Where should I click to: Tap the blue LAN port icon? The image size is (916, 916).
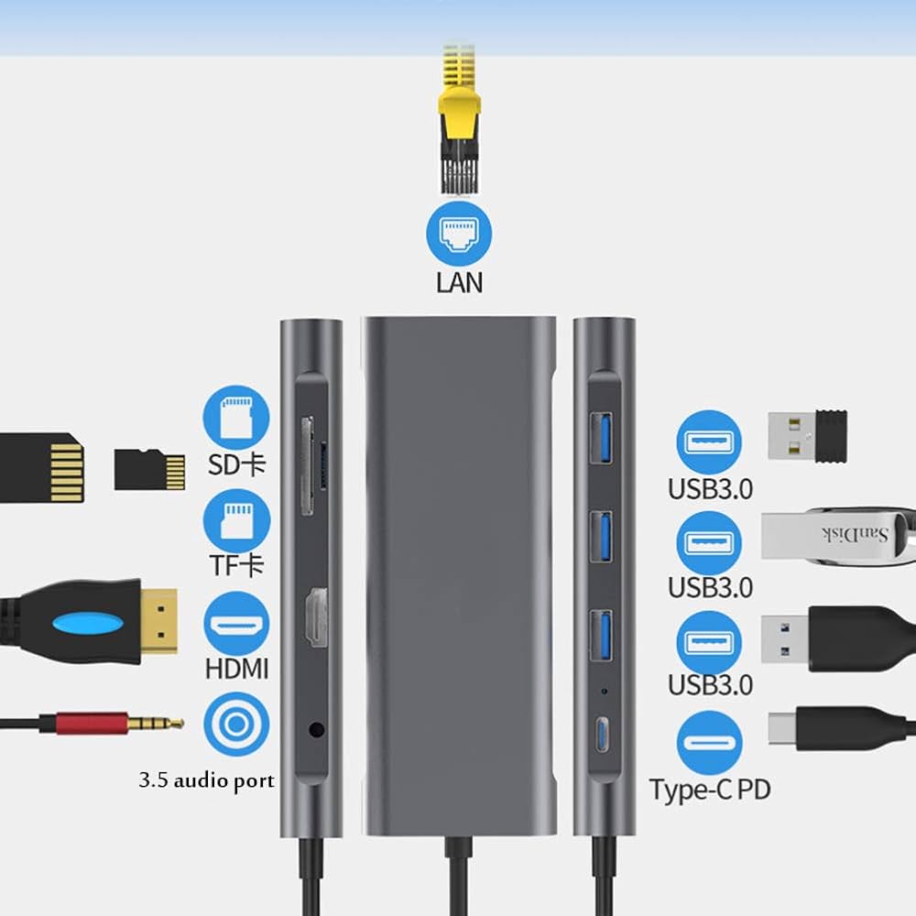459,234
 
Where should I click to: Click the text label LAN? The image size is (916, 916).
459,281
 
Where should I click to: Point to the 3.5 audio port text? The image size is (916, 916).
206,781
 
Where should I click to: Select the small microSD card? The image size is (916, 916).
148,469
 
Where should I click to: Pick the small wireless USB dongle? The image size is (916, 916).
806,435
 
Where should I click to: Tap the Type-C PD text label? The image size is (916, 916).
710,790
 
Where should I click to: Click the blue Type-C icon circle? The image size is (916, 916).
710,743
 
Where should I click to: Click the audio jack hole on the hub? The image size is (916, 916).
316,730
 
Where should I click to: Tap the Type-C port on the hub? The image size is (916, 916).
602,734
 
